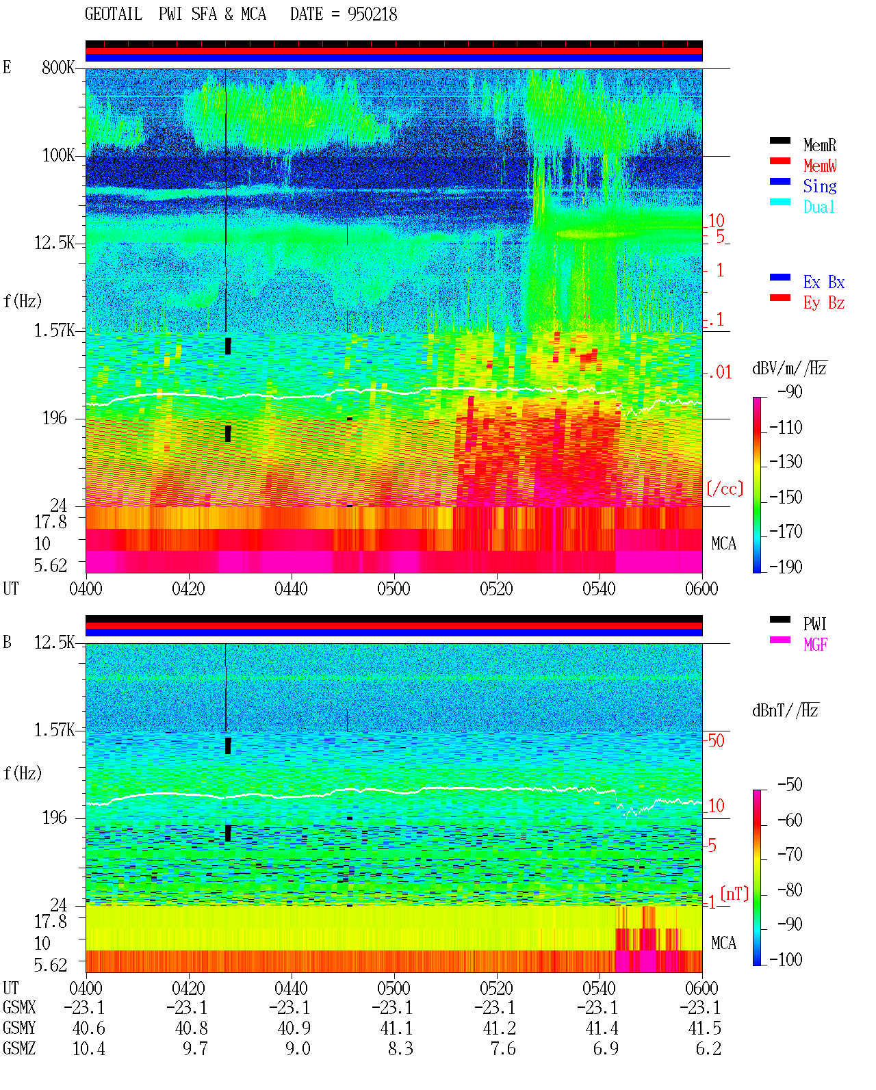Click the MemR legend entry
pos(819,145)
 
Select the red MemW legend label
pos(820,166)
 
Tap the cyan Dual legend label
pos(819,207)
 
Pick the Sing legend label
pos(820,186)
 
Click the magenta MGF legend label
pos(815,645)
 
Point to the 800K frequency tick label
pos(58,67)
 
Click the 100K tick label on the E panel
pos(58,155)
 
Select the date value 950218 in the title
pos(372,14)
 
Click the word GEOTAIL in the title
pos(114,14)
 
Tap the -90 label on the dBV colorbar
pos(790,391)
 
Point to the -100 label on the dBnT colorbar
pos(786,959)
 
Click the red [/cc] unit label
pos(725,489)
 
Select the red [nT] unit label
pos(734,893)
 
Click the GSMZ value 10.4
pos(89,1048)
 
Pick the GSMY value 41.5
pos(705,1028)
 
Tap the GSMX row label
pos(19,1007)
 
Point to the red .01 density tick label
pos(720,373)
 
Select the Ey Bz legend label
pos(824,303)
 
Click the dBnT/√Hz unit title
pos(786,711)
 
